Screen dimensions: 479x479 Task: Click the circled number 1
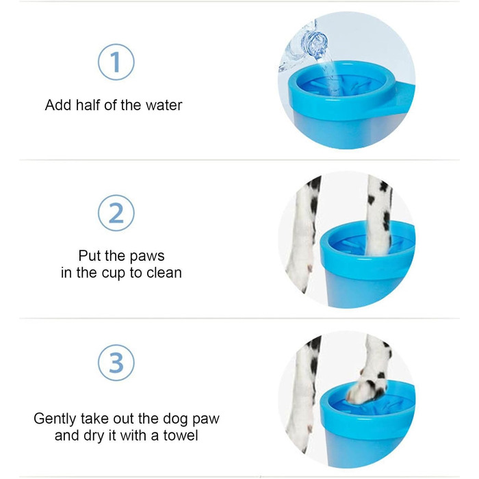click(x=116, y=62)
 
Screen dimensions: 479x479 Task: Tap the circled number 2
click(x=116, y=213)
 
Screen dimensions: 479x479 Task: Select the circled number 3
click(x=116, y=363)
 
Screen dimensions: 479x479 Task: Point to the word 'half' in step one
click(x=88, y=105)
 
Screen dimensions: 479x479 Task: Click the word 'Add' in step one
click(x=59, y=105)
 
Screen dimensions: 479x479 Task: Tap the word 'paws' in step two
click(x=147, y=257)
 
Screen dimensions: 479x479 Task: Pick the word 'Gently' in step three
click(x=55, y=419)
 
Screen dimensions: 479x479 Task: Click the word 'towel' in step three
click(x=181, y=435)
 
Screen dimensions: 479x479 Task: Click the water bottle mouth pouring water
click(x=316, y=45)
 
